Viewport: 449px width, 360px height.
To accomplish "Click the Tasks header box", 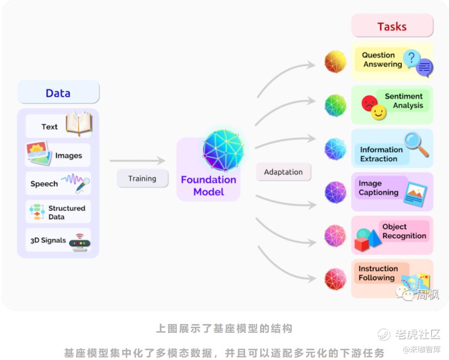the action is (x=392, y=26).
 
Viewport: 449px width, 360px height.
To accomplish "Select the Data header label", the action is (x=58, y=92).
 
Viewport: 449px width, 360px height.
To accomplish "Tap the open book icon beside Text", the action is (x=79, y=123).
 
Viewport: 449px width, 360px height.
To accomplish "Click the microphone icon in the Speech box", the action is (x=83, y=185).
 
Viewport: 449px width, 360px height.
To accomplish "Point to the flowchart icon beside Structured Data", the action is (x=36, y=212).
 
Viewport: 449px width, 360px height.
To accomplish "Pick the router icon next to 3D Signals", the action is (x=80, y=242).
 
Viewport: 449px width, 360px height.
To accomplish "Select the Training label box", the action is (x=142, y=178).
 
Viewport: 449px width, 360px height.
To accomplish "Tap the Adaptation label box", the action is (x=283, y=172).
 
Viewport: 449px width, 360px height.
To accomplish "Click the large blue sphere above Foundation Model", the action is (x=223, y=149).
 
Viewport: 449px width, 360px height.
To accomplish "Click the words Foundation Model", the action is (x=209, y=185).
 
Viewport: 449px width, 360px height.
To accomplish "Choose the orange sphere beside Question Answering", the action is (x=335, y=61).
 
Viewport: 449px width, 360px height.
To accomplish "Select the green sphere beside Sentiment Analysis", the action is (x=335, y=105).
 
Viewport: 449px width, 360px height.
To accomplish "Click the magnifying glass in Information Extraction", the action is (x=416, y=144).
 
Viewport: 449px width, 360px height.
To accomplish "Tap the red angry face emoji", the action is (x=369, y=103).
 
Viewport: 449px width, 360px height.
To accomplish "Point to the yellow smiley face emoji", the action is (x=379, y=112).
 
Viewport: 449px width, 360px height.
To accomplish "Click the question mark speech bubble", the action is (x=412, y=58).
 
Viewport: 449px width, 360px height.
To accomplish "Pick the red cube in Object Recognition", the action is (x=362, y=244).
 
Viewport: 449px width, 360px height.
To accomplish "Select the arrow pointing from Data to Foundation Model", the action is (x=138, y=161).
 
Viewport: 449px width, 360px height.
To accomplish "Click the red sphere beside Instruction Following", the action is (x=335, y=279).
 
